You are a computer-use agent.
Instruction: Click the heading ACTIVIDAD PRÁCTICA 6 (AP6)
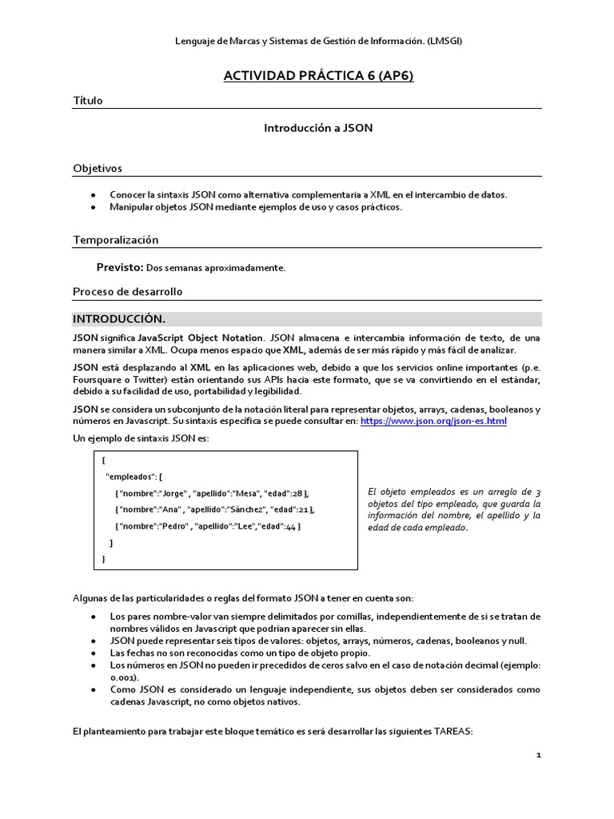(318, 76)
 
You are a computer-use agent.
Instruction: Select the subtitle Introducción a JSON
(318, 127)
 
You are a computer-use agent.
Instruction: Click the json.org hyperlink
(433, 421)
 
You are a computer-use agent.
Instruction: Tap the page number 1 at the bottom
(538, 754)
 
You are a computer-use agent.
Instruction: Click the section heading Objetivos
(98, 168)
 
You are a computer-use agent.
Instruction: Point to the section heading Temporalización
(116, 239)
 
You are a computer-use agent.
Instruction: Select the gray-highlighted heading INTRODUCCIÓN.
(119, 318)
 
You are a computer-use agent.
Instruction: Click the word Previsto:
(120, 268)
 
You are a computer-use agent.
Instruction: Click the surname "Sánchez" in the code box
(245, 509)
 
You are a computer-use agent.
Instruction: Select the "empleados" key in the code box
(131, 476)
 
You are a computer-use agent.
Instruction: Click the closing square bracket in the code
(111, 543)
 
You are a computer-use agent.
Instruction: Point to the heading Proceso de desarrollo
(128, 291)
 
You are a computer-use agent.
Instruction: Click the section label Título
(88, 101)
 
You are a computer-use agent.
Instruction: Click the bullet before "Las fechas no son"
(94, 653)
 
